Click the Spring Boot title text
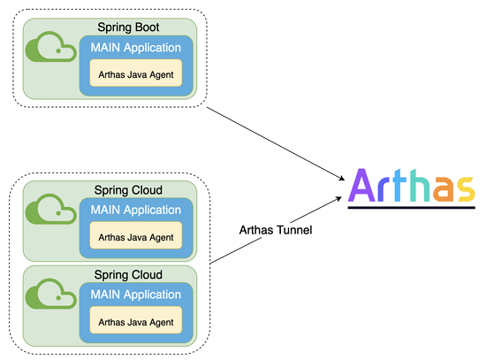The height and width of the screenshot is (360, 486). click(128, 27)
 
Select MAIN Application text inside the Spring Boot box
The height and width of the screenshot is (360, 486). click(136, 48)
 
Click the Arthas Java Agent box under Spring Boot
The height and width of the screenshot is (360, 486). click(136, 73)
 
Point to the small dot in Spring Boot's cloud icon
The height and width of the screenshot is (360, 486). click(58, 51)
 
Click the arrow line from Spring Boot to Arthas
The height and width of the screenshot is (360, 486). click(276, 143)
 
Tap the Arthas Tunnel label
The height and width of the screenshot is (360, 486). click(276, 230)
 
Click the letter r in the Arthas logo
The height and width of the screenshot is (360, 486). click(382, 189)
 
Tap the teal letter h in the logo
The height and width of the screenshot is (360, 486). click(419, 186)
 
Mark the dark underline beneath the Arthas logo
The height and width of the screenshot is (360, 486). click(412, 207)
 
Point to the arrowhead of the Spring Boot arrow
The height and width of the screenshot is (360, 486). click(342, 179)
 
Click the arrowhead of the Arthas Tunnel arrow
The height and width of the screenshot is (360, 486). click(338, 199)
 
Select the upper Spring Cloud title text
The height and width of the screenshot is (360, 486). click(128, 190)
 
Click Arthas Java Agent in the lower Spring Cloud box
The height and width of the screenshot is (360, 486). click(136, 322)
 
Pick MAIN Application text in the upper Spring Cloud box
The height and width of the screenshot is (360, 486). click(136, 211)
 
